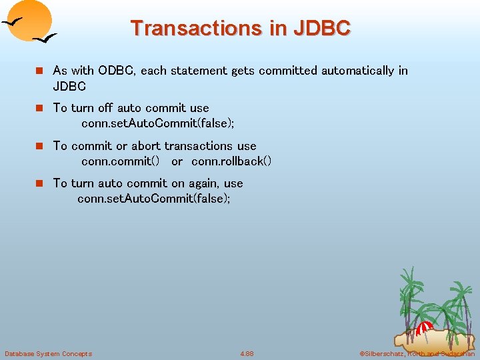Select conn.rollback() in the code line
pos(231,161)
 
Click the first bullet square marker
pos(39,71)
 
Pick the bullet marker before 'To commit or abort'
pos(39,146)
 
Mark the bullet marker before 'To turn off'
pos(39,108)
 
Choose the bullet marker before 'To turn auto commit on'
pos(39,183)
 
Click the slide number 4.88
pos(247,353)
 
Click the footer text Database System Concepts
pos(48,353)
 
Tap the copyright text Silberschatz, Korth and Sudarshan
pos(416,353)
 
